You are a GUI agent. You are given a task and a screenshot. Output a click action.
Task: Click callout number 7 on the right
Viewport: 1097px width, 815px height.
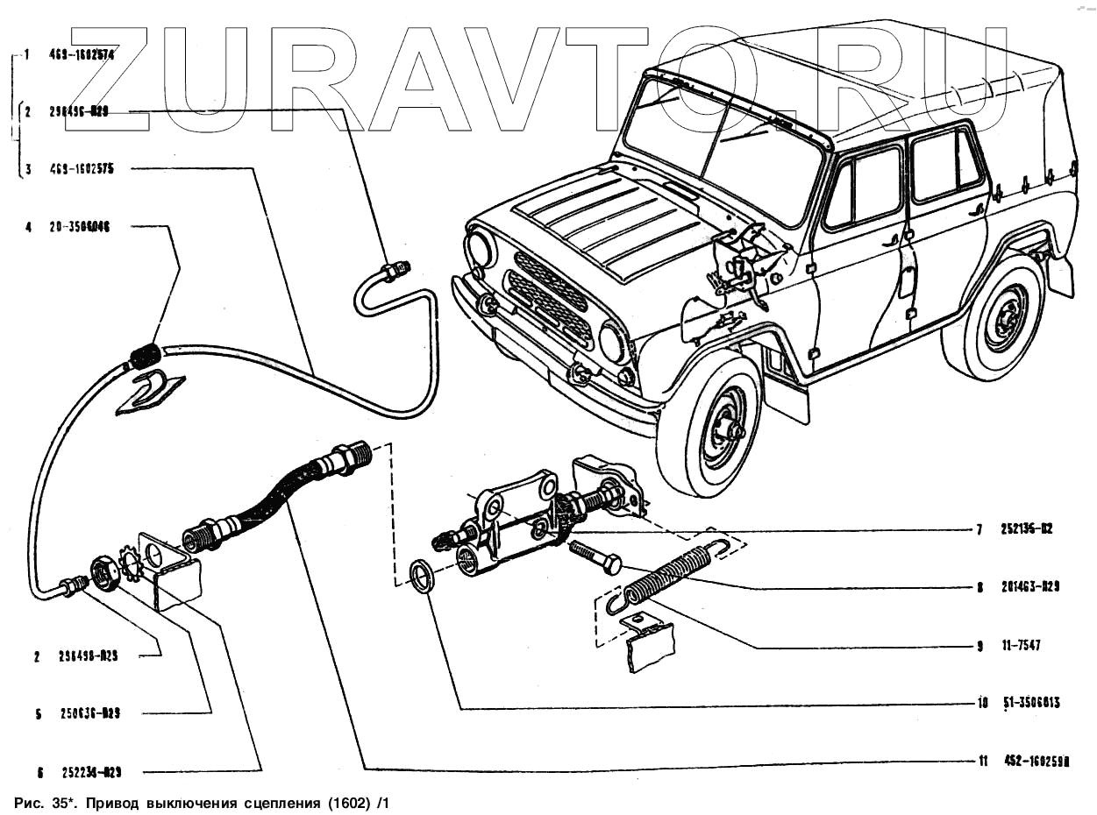(979, 529)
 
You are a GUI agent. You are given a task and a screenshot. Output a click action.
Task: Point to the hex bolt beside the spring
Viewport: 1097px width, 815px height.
(596, 556)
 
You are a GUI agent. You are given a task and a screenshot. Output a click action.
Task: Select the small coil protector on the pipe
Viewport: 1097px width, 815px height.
(146, 355)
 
